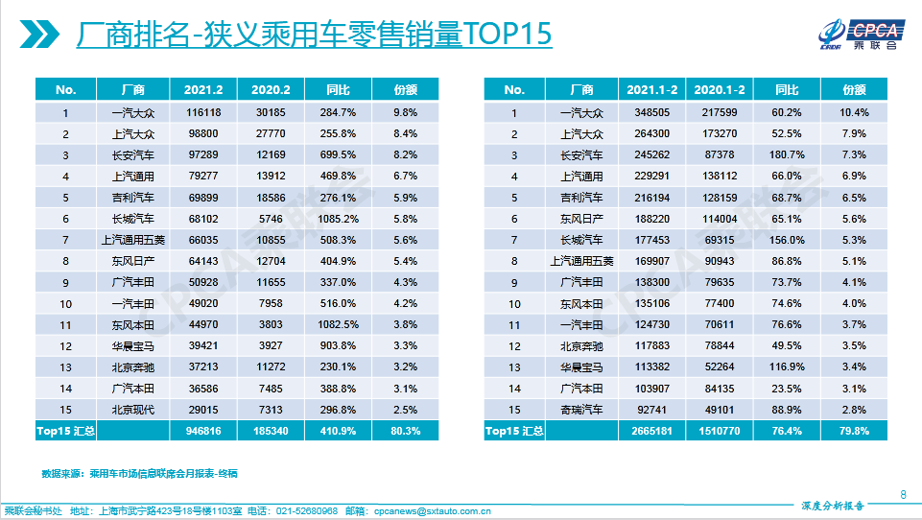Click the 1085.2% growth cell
coord(339,219)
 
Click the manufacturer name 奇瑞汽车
coord(582,409)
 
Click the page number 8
coord(903,494)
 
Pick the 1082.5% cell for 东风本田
coord(339,324)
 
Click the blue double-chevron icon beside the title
coord(36,35)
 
